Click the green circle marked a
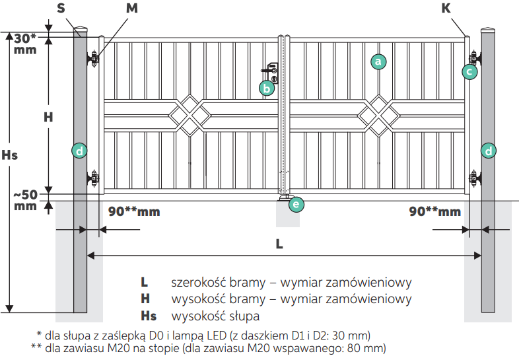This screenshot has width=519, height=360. pyautogui.click(x=378, y=61)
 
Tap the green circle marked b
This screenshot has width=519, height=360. pyautogui.click(x=267, y=89)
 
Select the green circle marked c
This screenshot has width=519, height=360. pyautogui.click(x=469, y=71)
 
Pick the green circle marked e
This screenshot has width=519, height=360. pyautogui.click(x=296, y=204)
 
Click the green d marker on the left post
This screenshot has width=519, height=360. pyautogui.click(x=79, y=151)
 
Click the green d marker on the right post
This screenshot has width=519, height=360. pyautogui.click(x=489, y=151)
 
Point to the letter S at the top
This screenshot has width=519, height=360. pyautogui.click(x=61, y=8)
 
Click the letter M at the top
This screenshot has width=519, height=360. pyautogui.click(x=132, y=8)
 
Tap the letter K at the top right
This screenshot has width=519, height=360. pyautogui.click(x=446, y=8)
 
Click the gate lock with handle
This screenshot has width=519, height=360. pyautogui.click(x=271, y=73)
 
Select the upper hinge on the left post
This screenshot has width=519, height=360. pyautogui.click(x=93, y=59)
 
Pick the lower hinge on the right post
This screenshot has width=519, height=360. pyautogui.click(x=474, y=178)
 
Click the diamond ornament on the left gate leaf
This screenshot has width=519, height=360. pyautogui.click(x=190, y=116)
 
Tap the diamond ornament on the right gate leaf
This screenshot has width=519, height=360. pyautogui.click(x=378, y=116)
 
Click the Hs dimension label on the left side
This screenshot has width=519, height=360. pyautogui.click(x=10, y=155)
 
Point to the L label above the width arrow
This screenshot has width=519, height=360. pyautogui.click(x=279, y=244)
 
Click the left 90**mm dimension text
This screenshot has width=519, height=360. pyautogui.click(x=134, y=211)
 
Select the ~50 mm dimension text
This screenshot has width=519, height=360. pyautogui.click(x=26, y=200)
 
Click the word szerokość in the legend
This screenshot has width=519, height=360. pyautogui.click(x=198, y=283)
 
